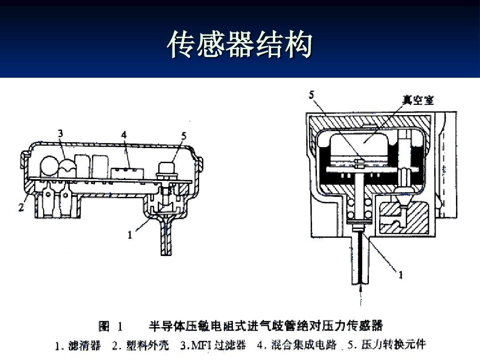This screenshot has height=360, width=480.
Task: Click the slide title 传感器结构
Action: [240, 45]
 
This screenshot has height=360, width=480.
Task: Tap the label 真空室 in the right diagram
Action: [418, 100]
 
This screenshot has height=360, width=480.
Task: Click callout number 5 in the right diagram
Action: [312, 94]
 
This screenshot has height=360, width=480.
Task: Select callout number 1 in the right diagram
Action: [400, 275]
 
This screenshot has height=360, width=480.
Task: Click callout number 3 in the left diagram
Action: [60, 133]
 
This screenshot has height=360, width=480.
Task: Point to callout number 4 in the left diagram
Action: [124, 134]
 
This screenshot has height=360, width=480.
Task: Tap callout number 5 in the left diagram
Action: [184, 136]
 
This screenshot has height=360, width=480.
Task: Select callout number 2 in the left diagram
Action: [21, 208]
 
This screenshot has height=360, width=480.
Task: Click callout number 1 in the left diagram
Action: [130, 235]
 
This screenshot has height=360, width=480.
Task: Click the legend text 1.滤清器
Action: [78, 345]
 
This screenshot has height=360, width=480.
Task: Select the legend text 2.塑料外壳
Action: [140, 345]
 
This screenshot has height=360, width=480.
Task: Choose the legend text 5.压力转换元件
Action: [387, 345]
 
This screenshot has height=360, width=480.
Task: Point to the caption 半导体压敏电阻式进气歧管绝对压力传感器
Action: [265, 327]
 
